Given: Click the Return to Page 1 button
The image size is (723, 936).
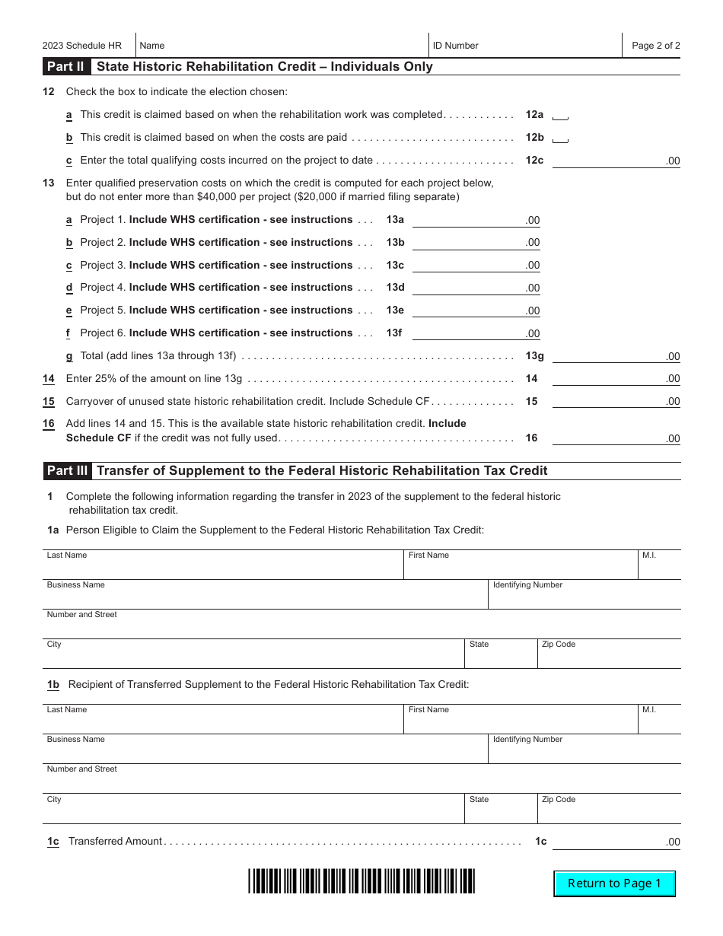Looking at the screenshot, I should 614,883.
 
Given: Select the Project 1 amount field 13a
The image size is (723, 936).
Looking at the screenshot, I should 475,220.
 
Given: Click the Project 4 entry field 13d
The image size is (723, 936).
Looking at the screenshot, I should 475,288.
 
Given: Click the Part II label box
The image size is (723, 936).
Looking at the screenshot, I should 66,66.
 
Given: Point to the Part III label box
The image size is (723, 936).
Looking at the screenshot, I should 67,470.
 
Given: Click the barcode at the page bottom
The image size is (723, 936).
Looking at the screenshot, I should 361,880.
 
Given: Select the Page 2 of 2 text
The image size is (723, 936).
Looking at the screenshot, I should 655,46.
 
